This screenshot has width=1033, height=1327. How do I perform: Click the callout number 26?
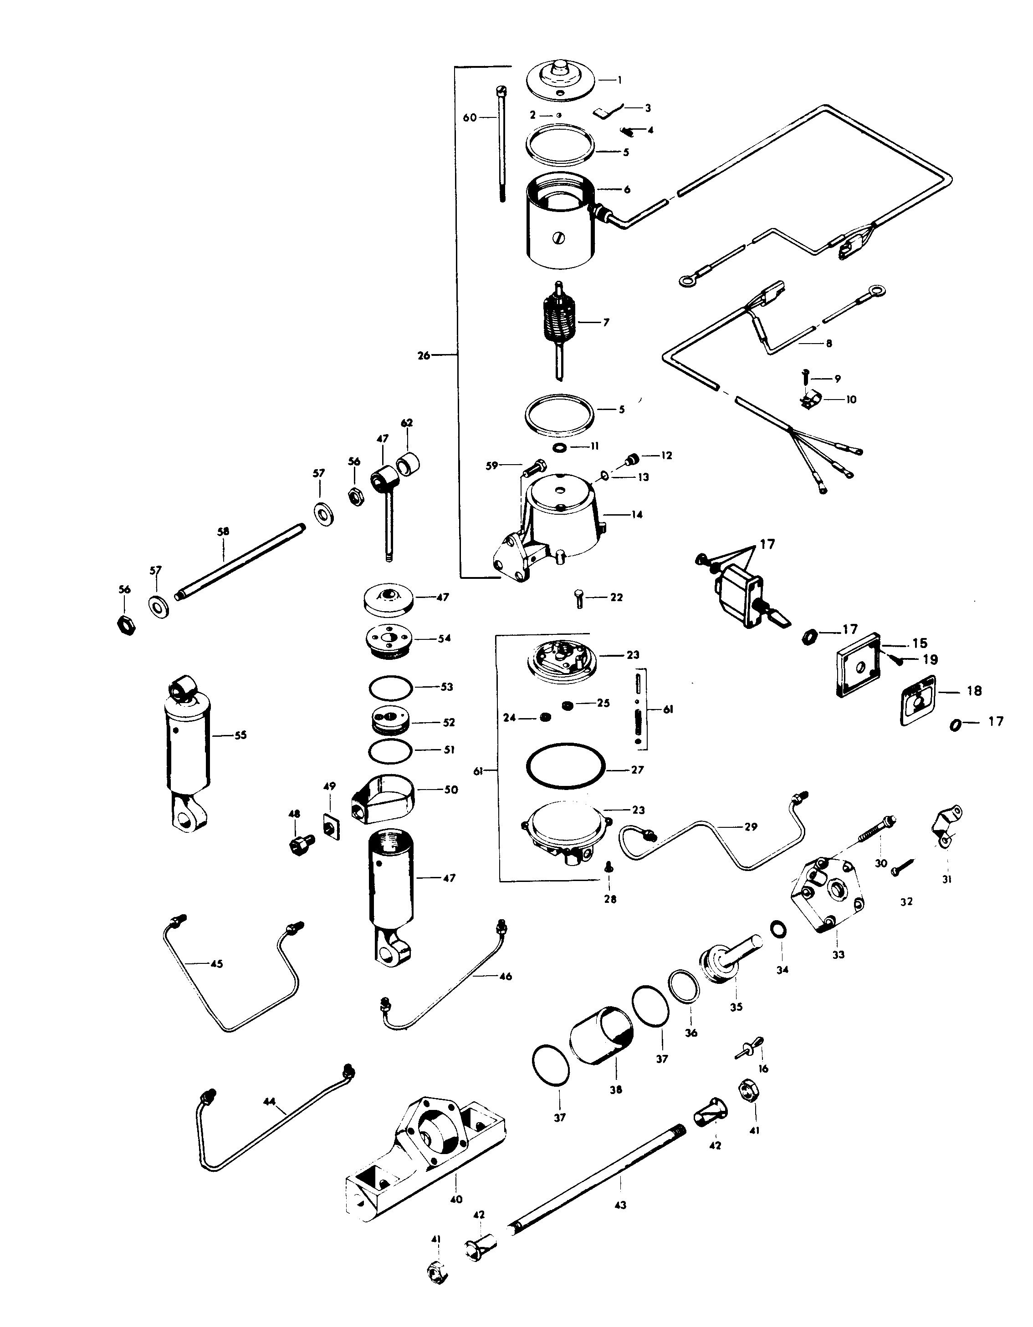pos(423,355)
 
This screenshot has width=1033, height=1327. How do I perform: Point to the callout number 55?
pos(241,735)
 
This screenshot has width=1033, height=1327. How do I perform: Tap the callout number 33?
pos(839,955)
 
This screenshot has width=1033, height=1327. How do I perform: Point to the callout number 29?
pos(752,826)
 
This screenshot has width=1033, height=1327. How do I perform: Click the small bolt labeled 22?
pos(580,599)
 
